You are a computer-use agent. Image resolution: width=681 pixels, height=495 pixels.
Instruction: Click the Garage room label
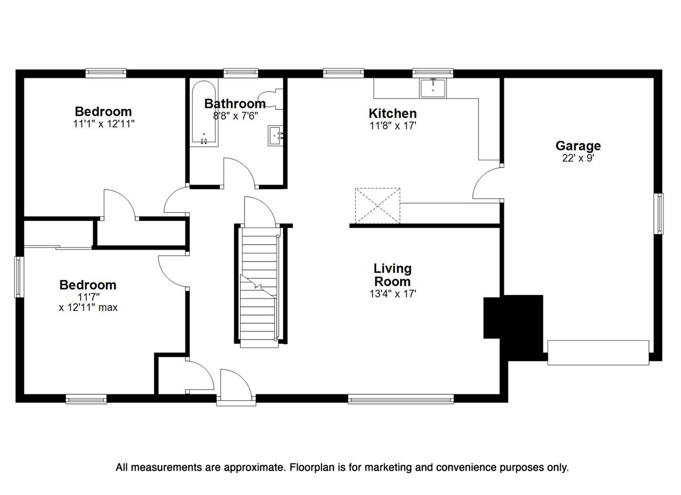[x=578, y=146]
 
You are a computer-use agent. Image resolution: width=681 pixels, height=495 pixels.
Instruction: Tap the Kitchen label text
[x=393, y=114]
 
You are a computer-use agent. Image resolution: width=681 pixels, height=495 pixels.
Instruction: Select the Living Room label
[x=393, y=275]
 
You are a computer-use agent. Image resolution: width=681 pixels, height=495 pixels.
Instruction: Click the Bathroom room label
[x=235, y=104]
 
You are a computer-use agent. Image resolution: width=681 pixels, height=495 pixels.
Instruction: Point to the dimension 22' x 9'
[x=578, y=158]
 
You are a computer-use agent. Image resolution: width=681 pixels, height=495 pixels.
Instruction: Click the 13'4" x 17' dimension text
[x=393, y=294]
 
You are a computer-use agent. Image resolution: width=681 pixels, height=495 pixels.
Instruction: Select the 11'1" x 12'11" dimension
[x=104, y=124]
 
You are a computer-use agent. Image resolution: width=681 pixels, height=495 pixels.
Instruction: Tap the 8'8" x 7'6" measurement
[x=236, y=116]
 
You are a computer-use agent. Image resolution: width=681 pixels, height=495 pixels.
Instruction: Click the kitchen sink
[x=433, y=88]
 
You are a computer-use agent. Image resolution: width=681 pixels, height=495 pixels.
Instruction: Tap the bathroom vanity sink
[x=276, y=136]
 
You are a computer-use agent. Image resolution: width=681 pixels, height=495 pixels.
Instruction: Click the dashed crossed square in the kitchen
[x=377, y=206]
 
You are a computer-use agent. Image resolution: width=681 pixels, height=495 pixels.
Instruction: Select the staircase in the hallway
[x=259, y=287]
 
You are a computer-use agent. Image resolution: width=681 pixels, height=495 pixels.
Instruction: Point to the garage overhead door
[x=598, y=353]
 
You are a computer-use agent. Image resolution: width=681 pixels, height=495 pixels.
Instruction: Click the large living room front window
[x=401, y=399]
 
